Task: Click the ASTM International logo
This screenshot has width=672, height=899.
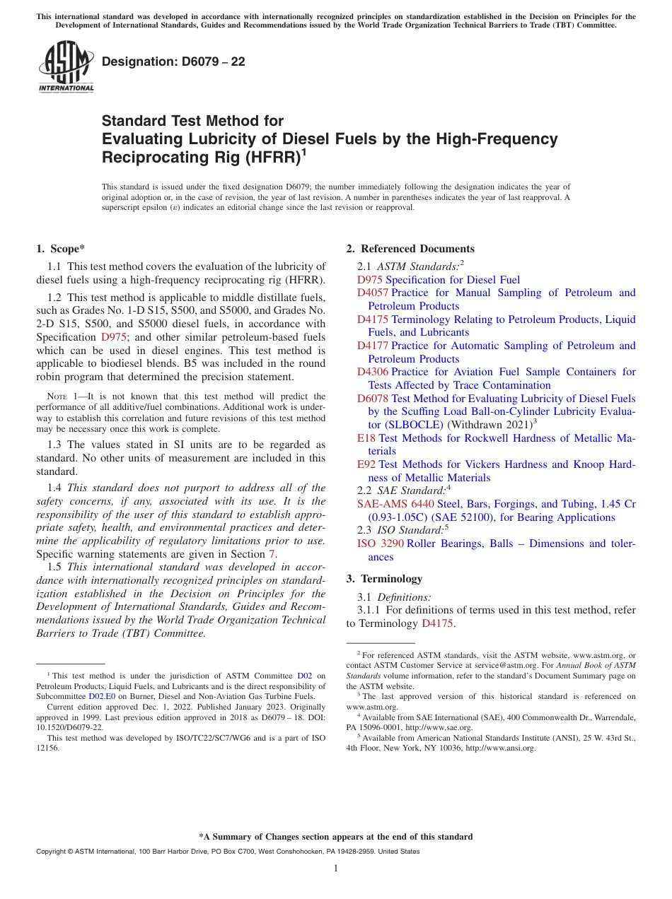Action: [x=66, y=66]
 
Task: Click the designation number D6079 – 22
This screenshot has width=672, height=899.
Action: [x=173, y=62]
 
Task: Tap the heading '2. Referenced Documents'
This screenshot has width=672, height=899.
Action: [x=410, y=249]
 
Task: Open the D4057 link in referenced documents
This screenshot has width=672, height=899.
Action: [x=373, y=293]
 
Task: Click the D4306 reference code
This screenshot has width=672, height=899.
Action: [x=373, y=372]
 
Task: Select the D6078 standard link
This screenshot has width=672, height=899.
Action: [x=373, y=399]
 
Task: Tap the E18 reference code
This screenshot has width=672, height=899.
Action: [x=366, y=438]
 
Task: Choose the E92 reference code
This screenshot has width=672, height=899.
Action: [x=366, y=464]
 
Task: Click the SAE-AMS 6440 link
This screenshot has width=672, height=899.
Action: [x=395, y=504]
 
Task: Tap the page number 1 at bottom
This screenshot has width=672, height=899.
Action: [x=336, y=869]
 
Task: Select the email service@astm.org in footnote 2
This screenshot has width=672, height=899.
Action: [x=492, y=666]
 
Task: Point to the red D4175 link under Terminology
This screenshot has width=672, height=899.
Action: [x=436, y=623]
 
